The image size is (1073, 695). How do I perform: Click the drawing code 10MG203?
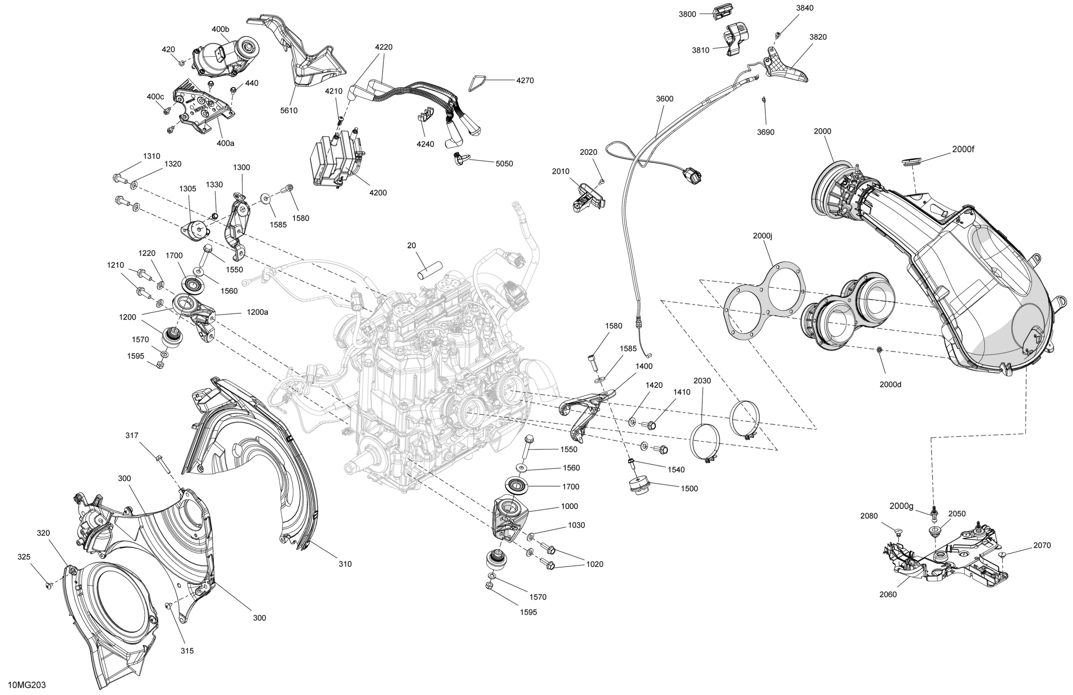click(27, 685)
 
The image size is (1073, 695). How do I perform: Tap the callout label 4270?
click(525, 81)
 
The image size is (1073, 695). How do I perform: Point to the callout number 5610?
click(289, 110)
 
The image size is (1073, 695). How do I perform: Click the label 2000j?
click(763, 236)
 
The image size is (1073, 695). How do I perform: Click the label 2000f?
click(963, 149)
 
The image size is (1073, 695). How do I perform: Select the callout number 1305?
click(187, 189)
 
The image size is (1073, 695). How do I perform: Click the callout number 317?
click(132, 436)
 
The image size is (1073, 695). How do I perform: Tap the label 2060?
click(888, 595)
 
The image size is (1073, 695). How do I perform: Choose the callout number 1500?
click(689, 489)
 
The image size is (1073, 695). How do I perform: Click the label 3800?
click(687, 14)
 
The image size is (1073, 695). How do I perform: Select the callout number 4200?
click(378, 193)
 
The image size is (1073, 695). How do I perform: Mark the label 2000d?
click(890, 384)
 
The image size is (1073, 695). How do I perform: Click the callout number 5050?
click(504, 164)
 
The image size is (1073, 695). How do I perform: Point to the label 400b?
click(220, 29)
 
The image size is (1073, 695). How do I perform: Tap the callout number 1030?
click(576, 525)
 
